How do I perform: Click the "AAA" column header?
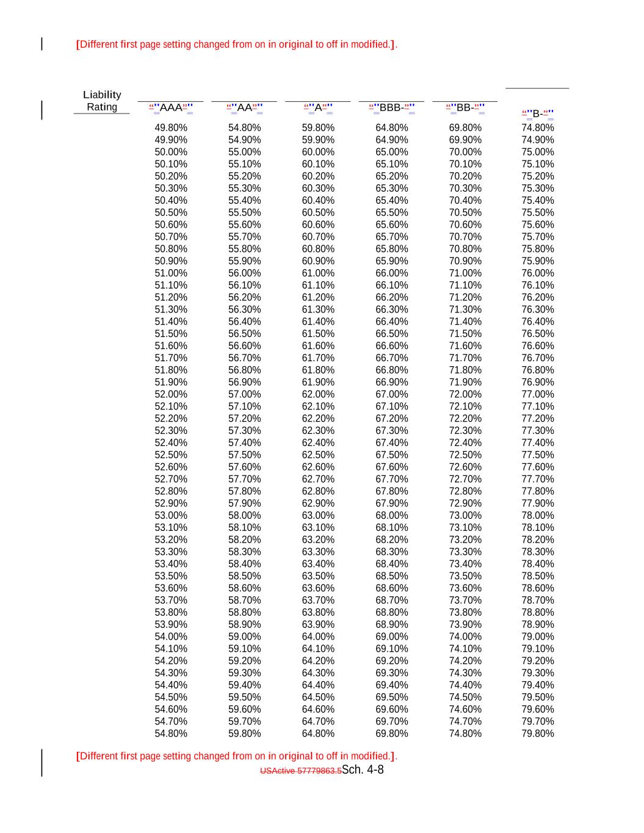click(x=171, y=108)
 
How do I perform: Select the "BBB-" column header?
click(x=391, y=108)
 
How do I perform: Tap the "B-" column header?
click(x=538, y=114)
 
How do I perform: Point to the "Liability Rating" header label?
click(x=102, y=101)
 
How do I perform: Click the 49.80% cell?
click(x=171, y=128)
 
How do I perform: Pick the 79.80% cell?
click(x=538, y=734)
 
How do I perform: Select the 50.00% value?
click(x=171, y=152)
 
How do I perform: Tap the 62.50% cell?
click(x=318, y=455)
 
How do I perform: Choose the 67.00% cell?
click(x=391, y=394)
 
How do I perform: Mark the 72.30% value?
click(x=465, y=430)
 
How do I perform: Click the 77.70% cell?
click(x=538, y=479)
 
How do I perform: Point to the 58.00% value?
click(x=244, y=515)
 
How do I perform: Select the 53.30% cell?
click(x=171, y=552)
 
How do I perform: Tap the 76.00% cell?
click(x=538, y=273)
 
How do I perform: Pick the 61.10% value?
click(x=318, y=285)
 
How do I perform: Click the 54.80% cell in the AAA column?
click(x=171, y=734)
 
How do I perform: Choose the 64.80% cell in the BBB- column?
click(x=391, y=128)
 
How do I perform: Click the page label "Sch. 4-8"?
click(x=363, y=770)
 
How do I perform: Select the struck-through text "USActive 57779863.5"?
click(x=300, y=771)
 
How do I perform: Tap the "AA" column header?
click(x=244, y=108)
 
